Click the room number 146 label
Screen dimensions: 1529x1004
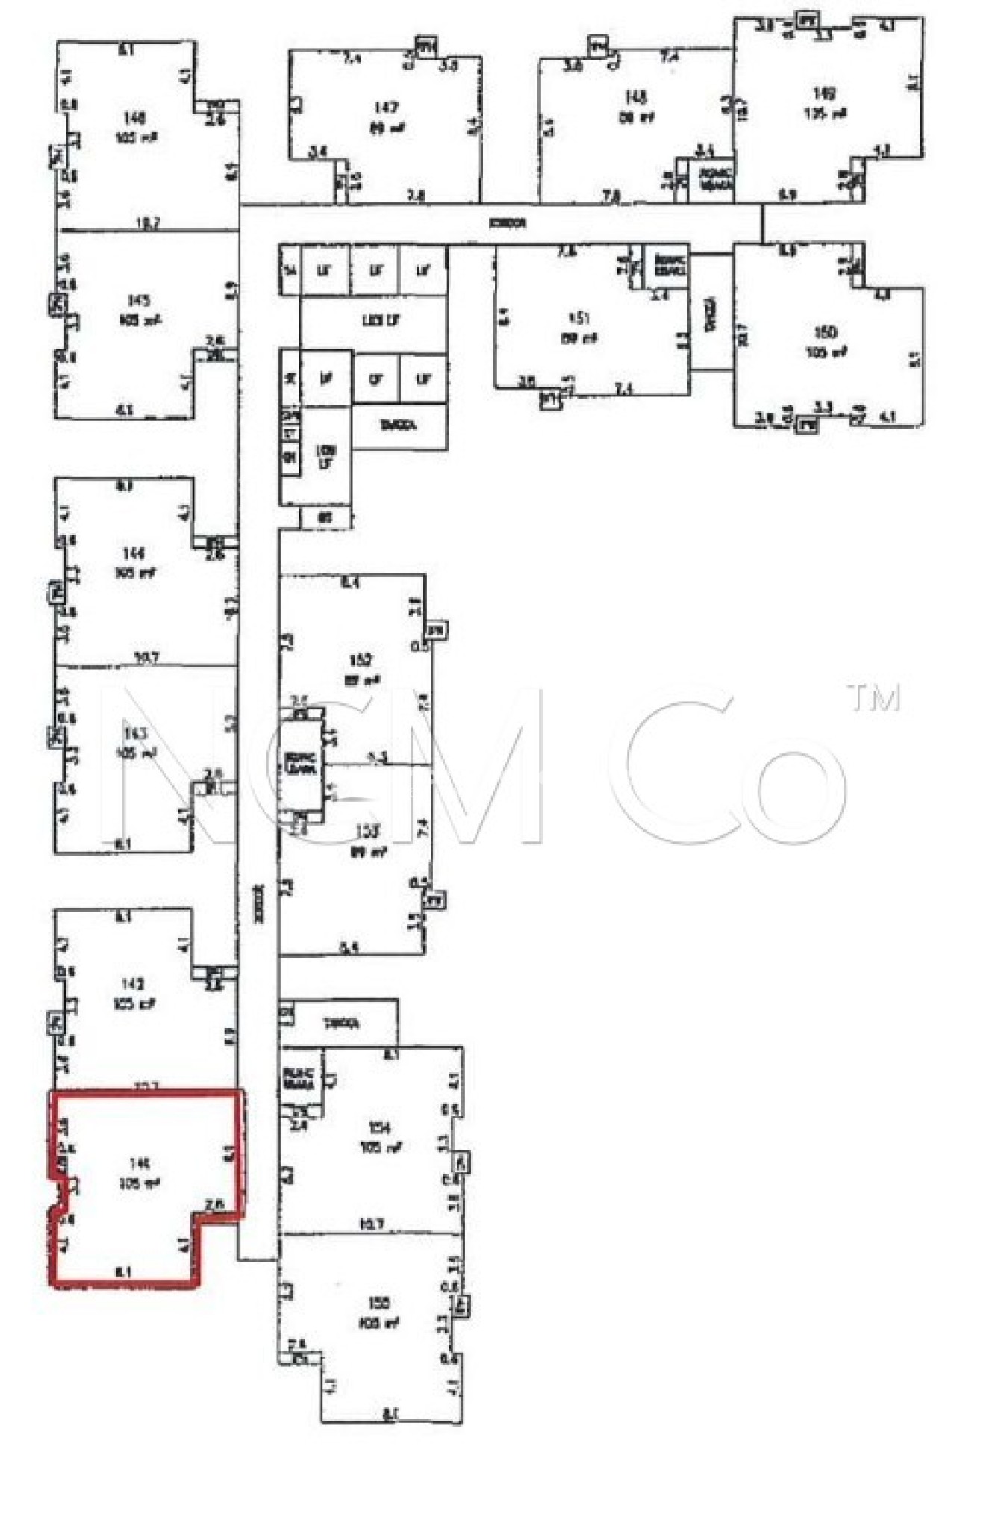(x=135, y=118)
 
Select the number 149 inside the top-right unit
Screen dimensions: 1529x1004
(x=824, y=93)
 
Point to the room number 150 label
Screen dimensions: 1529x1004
(x=825, y=332)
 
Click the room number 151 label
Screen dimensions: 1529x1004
(x=579, y=318)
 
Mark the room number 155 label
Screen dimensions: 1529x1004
(x=379, y=1304)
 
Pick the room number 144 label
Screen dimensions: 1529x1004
(x=134, y=553)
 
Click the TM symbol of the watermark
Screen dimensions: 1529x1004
(x=874, y=698)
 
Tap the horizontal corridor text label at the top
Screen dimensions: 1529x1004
(x=507, y=223)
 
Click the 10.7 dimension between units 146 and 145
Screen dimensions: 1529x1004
(x=146, y=222)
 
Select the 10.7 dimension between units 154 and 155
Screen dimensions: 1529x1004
(x=371, y=1224)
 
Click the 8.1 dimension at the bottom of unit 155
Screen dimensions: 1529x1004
(x=390, y=1413)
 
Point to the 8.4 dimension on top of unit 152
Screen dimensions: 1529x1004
(x=349, y=582)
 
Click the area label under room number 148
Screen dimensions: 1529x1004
(x=636, y=117)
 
